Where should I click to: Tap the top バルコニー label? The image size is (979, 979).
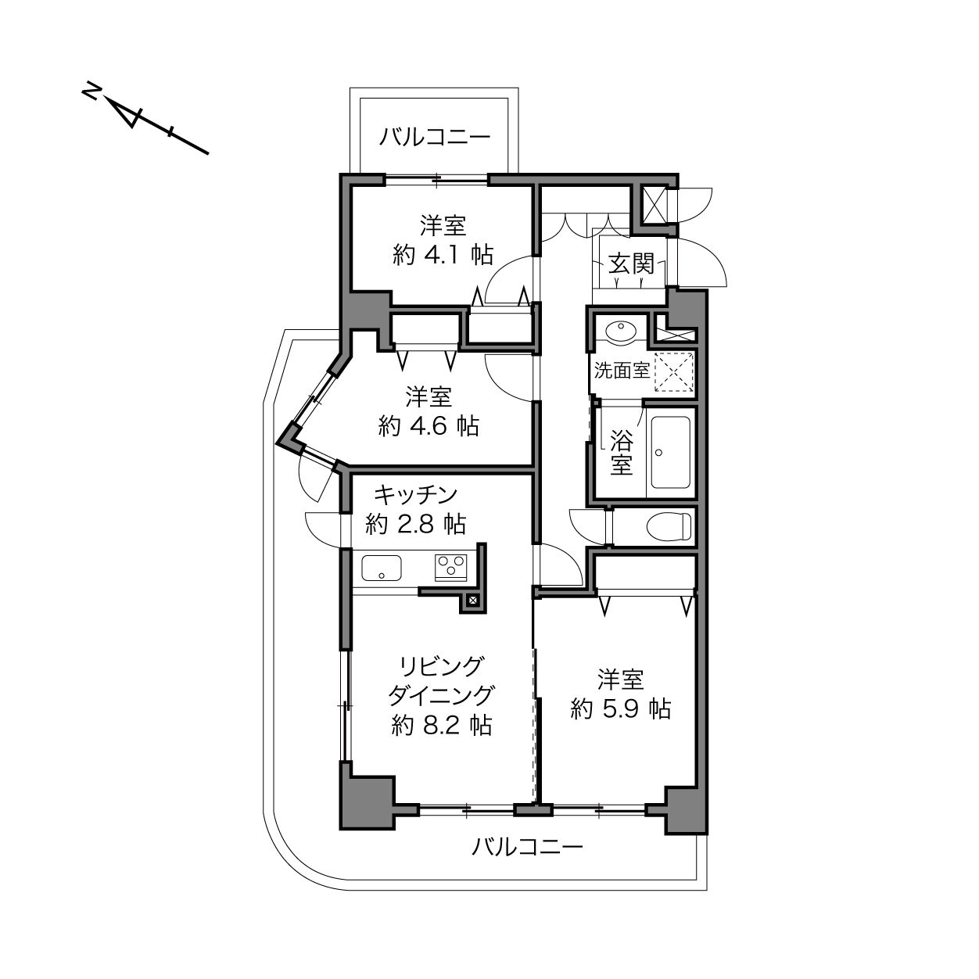point(435,137)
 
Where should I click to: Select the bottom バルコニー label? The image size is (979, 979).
point(527,847)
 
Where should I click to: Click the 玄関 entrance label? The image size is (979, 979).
point(631,264)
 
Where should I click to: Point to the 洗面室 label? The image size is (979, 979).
point(622,371)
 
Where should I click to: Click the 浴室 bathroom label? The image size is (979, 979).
point(622,453)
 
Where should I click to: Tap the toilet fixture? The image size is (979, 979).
point(669,526)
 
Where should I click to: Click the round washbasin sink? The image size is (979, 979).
point(620,332)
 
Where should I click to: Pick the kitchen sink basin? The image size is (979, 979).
point(381,568)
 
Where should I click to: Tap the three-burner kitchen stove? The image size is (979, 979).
point(450,568)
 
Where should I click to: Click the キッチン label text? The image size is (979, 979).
point(415,495)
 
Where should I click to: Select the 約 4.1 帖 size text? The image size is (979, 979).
point(443,254)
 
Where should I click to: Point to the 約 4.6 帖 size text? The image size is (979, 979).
point(429,425)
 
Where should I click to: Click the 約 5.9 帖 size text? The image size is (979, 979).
point(621,708)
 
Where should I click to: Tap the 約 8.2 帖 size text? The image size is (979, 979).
point(442,726)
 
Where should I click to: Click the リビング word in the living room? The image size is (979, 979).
point(441,667)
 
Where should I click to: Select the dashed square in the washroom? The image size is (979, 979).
point(674,371)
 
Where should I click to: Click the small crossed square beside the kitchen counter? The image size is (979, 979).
point(472,601)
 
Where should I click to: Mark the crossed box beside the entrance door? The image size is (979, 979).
point(655,205)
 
